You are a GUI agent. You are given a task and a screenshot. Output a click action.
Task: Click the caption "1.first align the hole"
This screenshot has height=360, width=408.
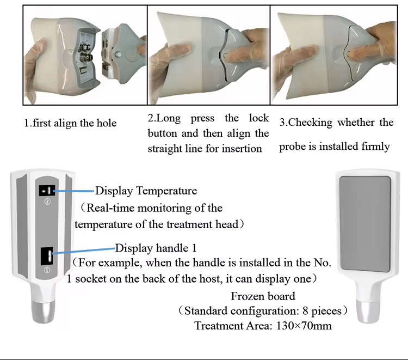[x=70, y=123]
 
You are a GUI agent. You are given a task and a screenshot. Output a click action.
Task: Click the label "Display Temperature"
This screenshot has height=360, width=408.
[x=146, y=191]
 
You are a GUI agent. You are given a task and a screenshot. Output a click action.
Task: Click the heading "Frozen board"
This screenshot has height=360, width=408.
[x=263, y=297]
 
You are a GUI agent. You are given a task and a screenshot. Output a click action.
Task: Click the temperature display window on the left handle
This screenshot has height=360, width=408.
[x=45, y=191]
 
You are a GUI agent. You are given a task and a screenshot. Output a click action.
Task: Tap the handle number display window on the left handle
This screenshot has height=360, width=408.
[x=46, y=255]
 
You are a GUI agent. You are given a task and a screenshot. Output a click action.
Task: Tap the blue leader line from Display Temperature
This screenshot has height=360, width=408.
[x=73, y=191]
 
